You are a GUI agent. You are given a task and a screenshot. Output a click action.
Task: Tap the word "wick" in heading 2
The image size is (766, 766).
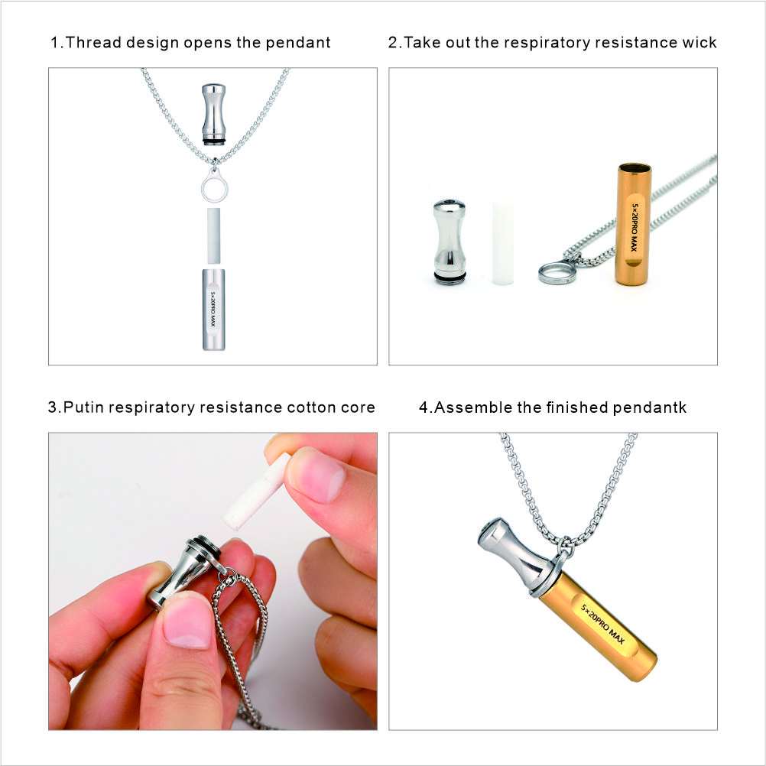coord(699,43)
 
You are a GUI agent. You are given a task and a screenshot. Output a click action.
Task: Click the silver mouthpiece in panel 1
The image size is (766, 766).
coord(214,112)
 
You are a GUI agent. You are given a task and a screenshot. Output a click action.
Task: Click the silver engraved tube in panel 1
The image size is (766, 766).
coord(213,309)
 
